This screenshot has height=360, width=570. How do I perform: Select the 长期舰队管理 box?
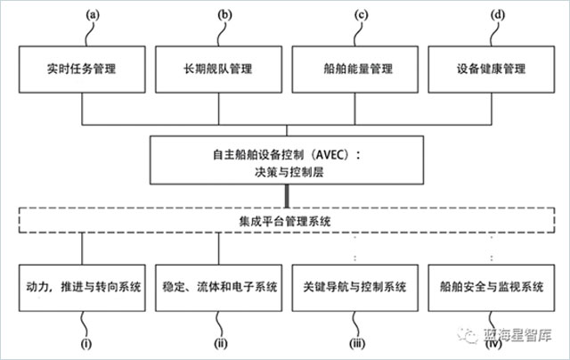(x=219, y=68)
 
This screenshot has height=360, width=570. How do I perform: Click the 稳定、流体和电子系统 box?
(x=219, y=288)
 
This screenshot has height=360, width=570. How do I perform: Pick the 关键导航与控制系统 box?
(x=354, y=288)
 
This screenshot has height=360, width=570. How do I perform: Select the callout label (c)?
(x=361, y=14)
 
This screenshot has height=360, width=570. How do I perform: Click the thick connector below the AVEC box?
(x=286, y=194)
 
